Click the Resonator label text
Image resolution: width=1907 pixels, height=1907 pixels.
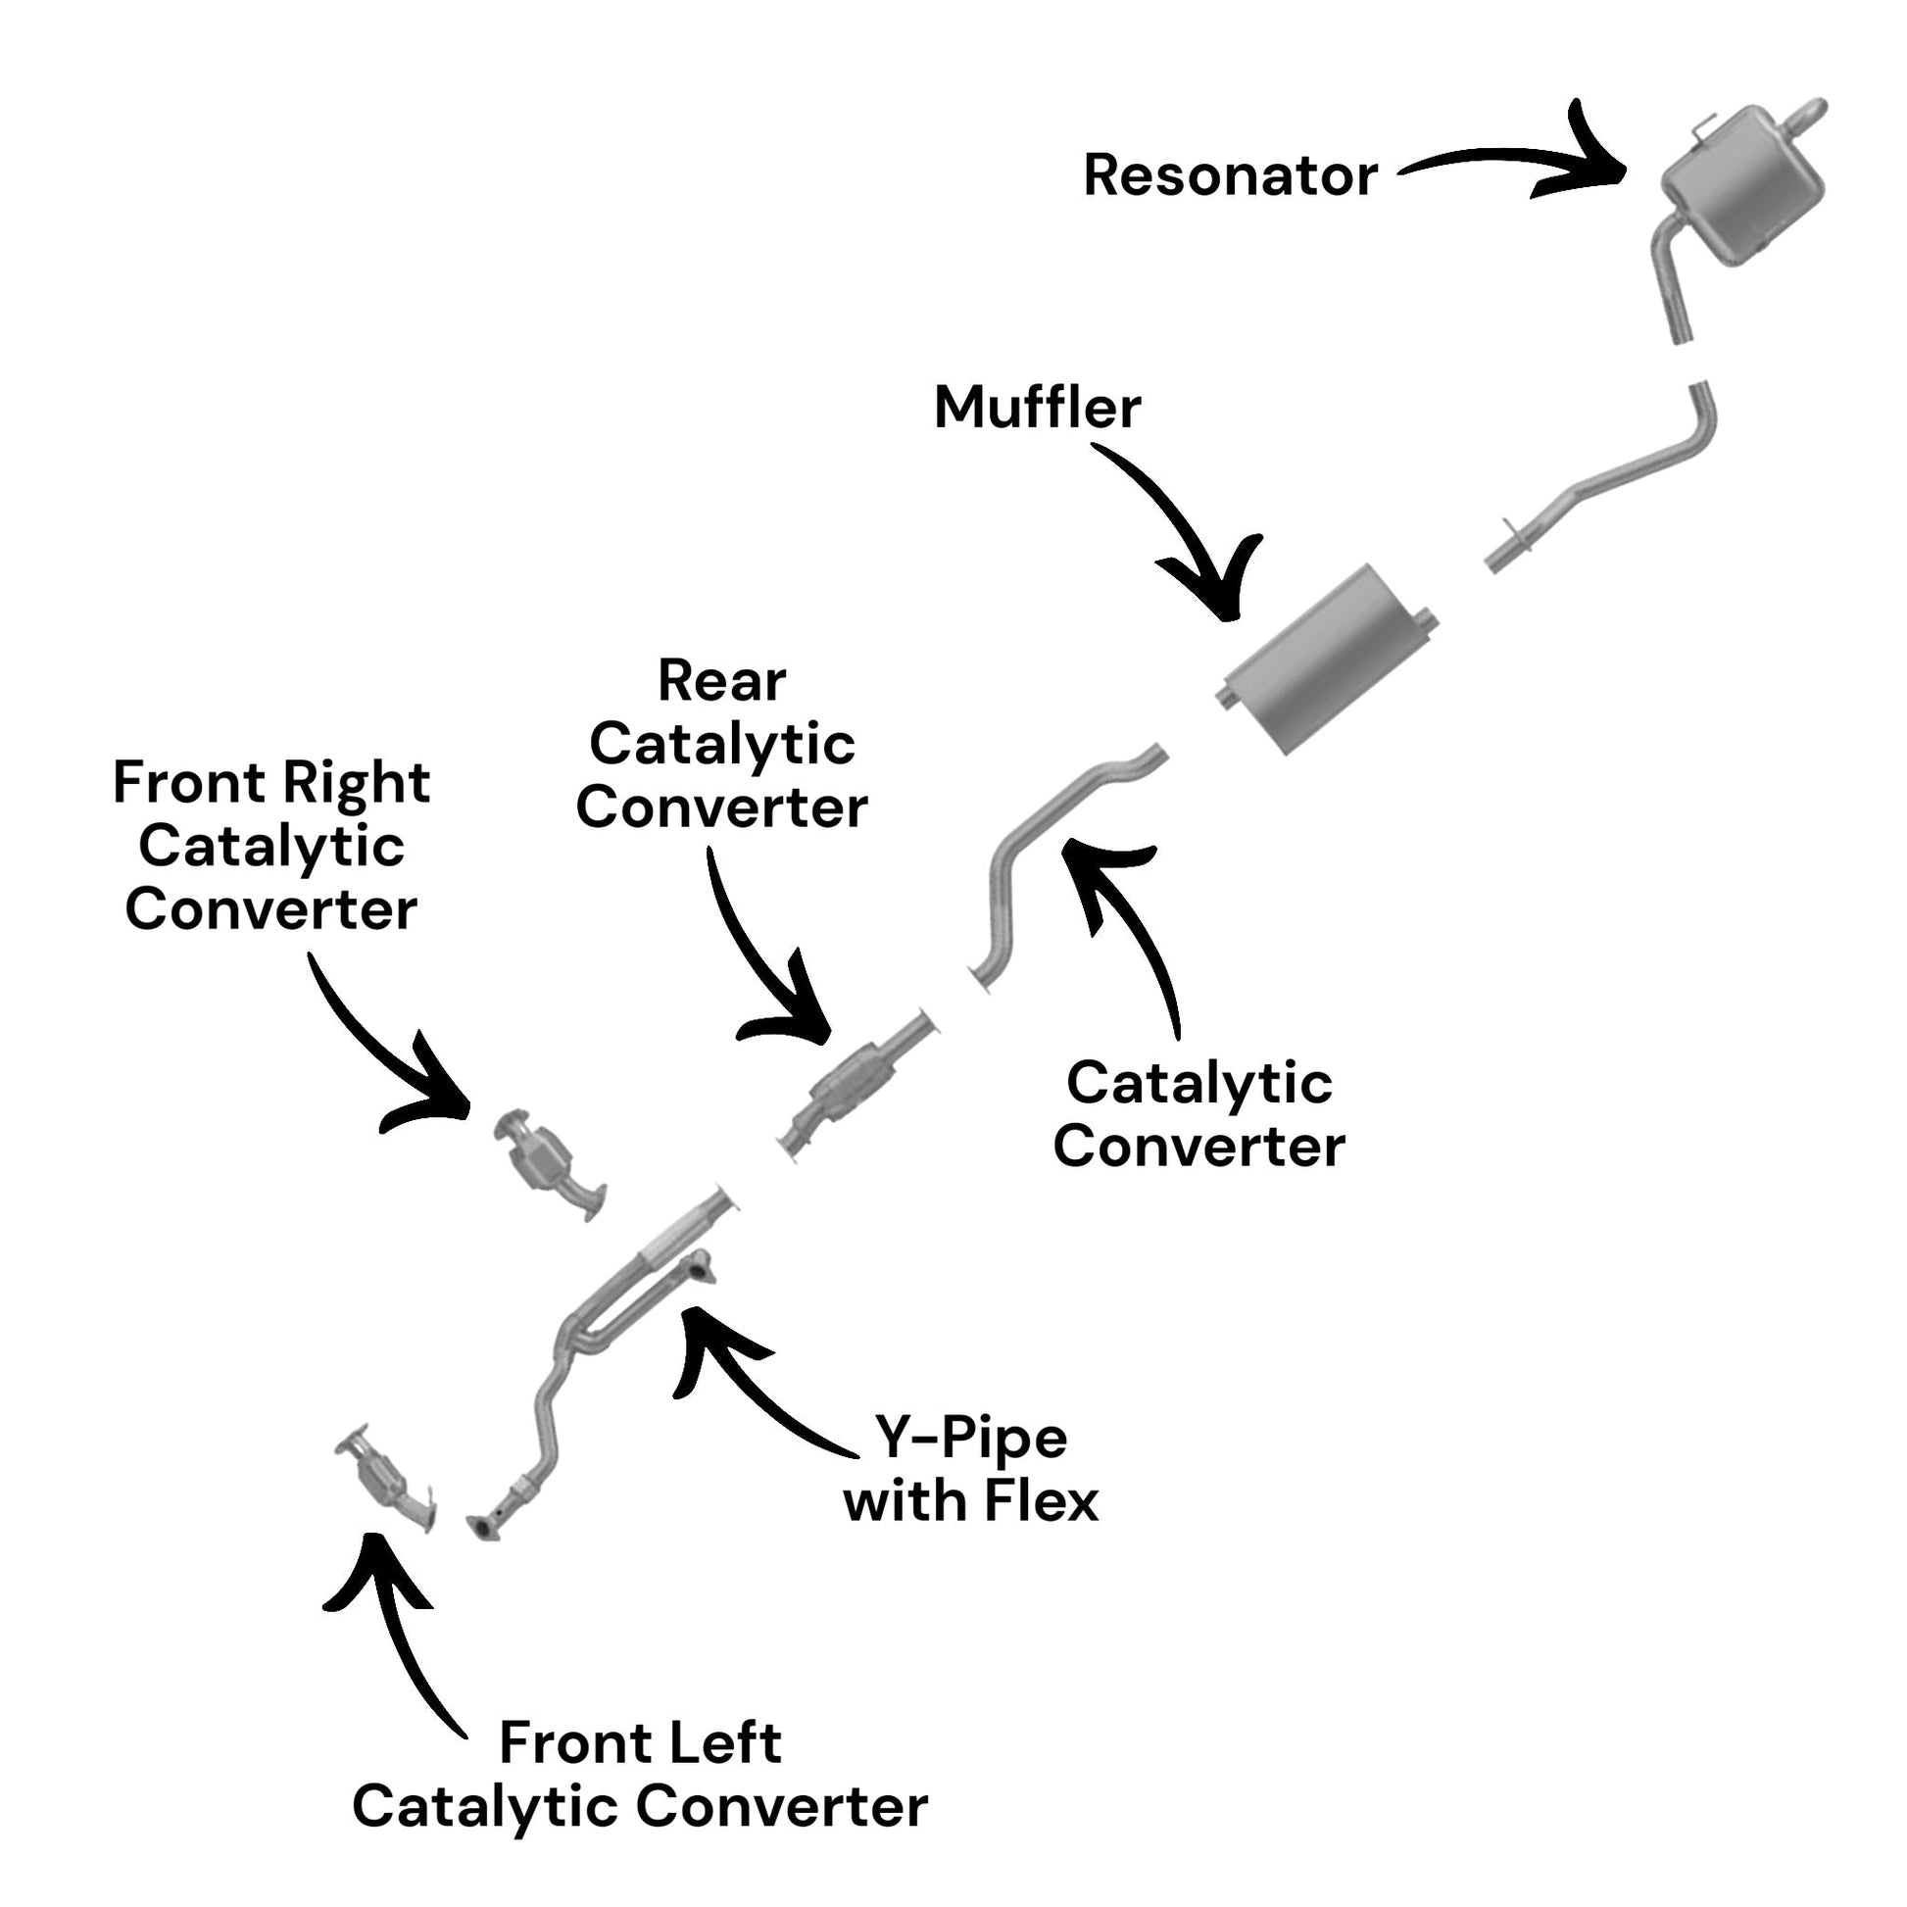pos(1230,175)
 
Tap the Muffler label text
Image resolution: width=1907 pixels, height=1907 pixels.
pos(1038,407)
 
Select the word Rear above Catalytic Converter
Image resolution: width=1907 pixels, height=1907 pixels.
pos(721,681)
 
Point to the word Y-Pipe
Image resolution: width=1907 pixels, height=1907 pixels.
pos(971,1439)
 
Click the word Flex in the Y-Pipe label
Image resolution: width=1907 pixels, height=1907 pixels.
pos(1040,1501)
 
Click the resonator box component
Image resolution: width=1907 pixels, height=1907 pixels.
pos(1743,183)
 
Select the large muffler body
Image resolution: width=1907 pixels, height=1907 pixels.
pos(1327,660)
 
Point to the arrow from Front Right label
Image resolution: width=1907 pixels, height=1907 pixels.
pos(380,1061)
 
